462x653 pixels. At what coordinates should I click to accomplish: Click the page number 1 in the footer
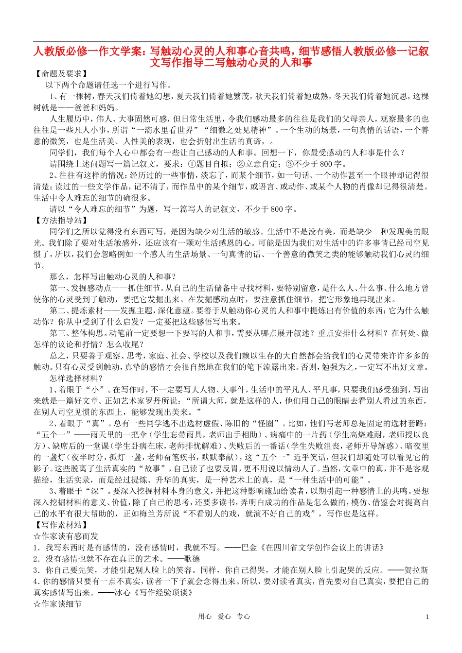click(427, 617)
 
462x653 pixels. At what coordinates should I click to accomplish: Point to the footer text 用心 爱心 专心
click(224, 617)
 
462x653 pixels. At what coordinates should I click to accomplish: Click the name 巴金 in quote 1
click(251, 548)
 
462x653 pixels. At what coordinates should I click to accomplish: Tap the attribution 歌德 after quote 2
click(192, 559)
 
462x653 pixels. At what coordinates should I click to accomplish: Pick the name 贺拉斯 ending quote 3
click(418, 570)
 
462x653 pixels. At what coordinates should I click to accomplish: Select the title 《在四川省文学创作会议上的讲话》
click(323, 548)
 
